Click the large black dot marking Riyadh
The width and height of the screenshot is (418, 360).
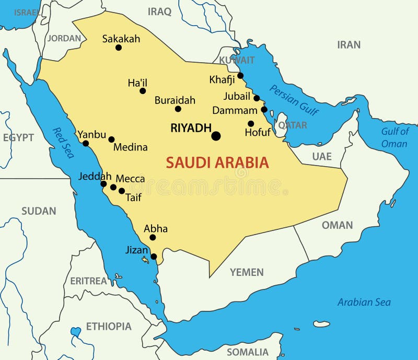tap(216, 136)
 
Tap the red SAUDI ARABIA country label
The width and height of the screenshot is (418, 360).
tap(217, 162)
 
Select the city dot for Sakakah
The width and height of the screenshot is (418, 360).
tap(119, 48)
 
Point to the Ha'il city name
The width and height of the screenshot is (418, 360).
tap(137, 83)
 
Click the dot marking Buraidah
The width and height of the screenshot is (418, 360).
tap(178, 109)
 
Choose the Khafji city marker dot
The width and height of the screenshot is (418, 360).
tap(240, 76)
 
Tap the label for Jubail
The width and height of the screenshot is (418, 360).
tap(237, 96)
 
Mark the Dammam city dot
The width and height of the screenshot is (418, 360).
tap(264, 109)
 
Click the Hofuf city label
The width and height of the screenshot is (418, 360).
tap(258, 132)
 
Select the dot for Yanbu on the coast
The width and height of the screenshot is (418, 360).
tap(86, 143)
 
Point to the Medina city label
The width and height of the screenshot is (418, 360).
tap(130, 147)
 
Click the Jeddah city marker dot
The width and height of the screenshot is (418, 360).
tap(103, 184)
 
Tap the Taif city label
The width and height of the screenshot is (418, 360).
tap(133, 197)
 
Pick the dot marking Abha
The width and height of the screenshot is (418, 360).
tap(153, 237)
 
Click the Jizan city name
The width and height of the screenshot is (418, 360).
tap(136, 250)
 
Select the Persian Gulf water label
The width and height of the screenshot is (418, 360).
tap(294, 99)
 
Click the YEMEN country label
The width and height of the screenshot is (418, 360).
tap(247, 272)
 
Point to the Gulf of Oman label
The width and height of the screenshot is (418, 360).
tap(394, 137)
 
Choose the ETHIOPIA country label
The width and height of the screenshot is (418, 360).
tap(109, 327)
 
